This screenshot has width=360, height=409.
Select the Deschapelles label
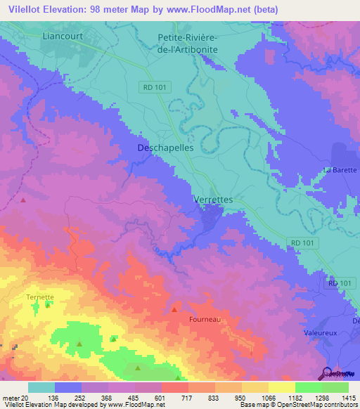point(165,148)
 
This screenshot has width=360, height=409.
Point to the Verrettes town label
point(212,200)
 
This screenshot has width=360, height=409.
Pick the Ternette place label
point(40,297)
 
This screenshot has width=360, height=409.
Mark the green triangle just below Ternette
point(48,305)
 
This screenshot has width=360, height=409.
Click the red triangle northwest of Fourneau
point(174,309)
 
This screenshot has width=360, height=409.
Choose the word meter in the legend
point(11,397)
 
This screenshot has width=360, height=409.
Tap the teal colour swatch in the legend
point(41,387)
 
